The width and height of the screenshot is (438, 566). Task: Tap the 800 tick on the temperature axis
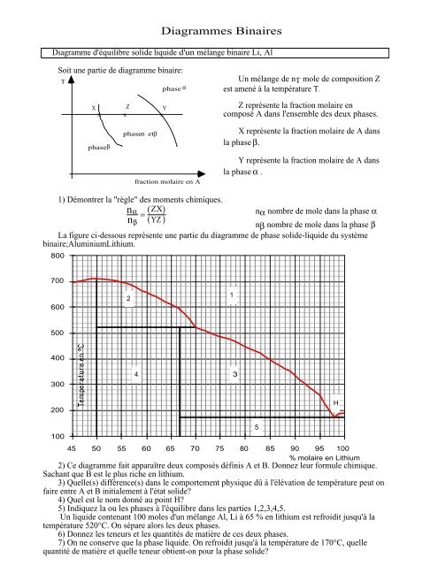58,256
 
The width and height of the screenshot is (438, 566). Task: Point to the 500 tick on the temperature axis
58,333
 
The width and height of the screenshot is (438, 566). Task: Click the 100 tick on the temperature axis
58,437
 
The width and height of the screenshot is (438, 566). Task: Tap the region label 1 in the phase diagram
231,294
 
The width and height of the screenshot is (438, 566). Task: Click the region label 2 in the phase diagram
128,299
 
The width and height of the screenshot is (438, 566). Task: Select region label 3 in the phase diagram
234,376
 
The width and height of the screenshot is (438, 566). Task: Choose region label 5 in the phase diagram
257,428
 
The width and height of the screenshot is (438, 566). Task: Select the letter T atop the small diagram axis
62,81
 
